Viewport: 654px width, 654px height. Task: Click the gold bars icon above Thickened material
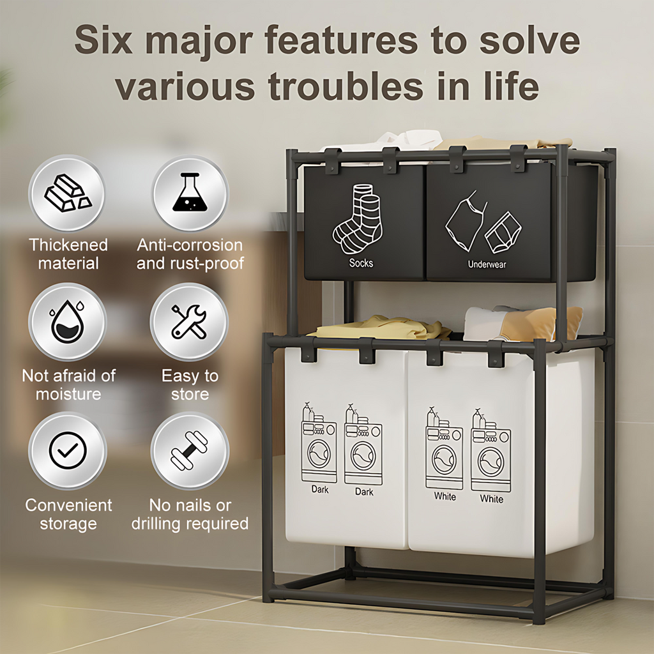[x=68, y=193]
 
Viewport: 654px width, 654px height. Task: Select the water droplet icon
[x=67, y=321]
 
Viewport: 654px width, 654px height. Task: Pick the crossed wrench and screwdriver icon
[x=189, y=322]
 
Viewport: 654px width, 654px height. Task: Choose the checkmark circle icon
[x=68, y=450]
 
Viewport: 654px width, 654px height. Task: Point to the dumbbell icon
[x=189, y=450]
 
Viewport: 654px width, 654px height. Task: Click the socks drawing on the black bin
[x=358, y=219]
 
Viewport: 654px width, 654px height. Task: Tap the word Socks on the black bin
[x=361, y=263]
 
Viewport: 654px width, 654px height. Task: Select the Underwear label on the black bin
[x=487, y=264]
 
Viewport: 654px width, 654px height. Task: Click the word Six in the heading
[x=103, y=40]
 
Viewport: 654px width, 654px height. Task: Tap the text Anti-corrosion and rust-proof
[x=190, y=254]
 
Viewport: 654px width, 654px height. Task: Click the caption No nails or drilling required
[x=190, y=514]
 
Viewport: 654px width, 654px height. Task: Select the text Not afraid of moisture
[x=68, y=384]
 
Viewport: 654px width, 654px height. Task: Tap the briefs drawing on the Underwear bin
[x=503, y=232]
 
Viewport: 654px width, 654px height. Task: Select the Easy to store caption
[x=190, y=384]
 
